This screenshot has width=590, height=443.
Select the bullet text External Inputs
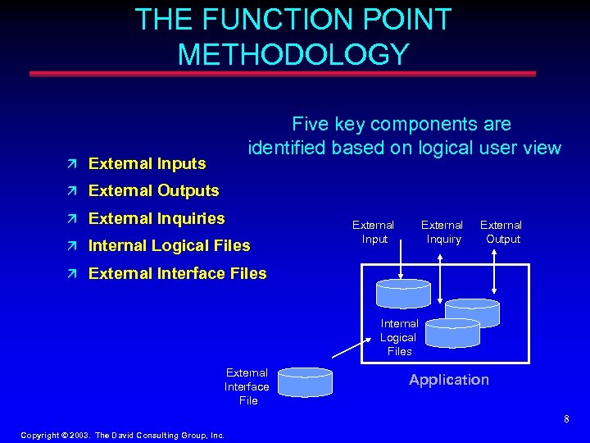pyautogui.click(x=147, y=163)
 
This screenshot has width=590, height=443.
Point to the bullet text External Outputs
pyautogui.click(x=153, y=190)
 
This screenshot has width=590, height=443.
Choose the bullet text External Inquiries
pyautogui.click(x=156, y=218)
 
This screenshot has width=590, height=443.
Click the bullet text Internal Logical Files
pyautogui.click(x=169, y=245)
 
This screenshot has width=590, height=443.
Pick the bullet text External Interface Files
pyautogui.click(x=177, y=273)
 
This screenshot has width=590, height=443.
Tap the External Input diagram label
pyautogui.click(x=373, y=231)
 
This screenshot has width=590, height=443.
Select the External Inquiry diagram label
pyautogui.click(x=442, y=231)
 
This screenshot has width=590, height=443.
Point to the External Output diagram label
pyautogui.click(x=501, y=231)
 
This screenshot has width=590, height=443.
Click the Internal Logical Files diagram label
pyautogui.click(x=399, y=337)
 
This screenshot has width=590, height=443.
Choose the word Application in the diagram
pyautogui.click(x=449, y=380)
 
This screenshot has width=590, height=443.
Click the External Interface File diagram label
pyautogui.click(x=247, y=386)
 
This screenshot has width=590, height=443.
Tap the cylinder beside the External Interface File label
pyautogui.click(x=305, y=382)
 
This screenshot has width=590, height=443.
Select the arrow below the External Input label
pyautogui.click(x=401, y=263)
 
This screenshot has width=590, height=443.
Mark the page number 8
pyautogui.click(x=565, y=419)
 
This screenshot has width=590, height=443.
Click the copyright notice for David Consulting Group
pyautogui.click(x=122, y=435)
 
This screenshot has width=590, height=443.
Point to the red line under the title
pyautogui.click(x=283, y=74)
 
